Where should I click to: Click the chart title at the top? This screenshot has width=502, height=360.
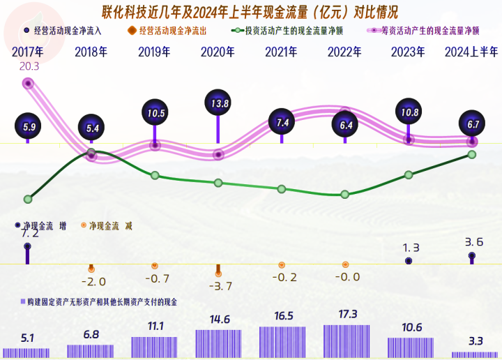click(251, 12)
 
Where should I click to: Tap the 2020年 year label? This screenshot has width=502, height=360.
click(218, 52)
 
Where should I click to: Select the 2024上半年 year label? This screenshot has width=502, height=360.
click(472, 52)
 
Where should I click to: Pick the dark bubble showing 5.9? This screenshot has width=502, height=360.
click(28, 127)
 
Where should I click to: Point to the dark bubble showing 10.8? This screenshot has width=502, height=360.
click(409, 112)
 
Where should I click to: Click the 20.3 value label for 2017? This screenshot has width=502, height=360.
click(29, 67)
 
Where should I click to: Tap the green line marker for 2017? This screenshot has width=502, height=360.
click(28, 199)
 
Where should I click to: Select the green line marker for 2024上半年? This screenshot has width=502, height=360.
click(472, 154)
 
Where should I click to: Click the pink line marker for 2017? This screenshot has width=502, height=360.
click(28, 83)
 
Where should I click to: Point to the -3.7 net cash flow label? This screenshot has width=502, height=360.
click(219, 285)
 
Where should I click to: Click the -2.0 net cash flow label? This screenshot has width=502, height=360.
click(93, 282)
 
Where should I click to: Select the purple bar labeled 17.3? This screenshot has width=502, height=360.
click(347, 342)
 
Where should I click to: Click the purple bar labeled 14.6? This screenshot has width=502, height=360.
click(218, 345)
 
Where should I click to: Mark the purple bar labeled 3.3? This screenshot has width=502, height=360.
click(475, 354)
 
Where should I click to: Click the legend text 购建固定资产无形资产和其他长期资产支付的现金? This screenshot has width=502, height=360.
click(102, 302)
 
